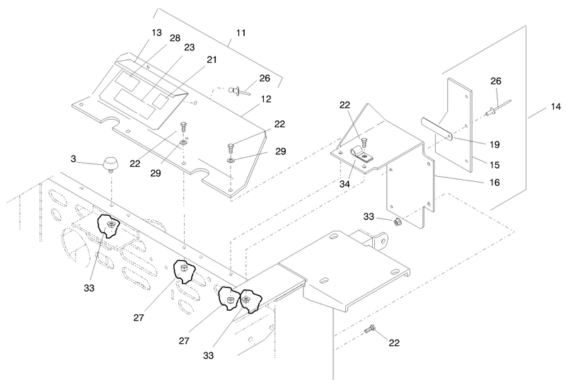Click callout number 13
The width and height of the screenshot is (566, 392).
(x=156, y=33)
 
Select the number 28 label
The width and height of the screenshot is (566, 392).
(x=175, y=38)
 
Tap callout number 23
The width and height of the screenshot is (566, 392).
(x=190, y=47)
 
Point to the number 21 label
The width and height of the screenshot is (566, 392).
(x=212, y=59)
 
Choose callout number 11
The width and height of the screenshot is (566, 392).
(x=241, y=33)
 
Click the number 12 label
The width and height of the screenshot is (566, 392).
(x=266, y=99)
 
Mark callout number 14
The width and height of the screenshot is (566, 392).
(x=556, y=107)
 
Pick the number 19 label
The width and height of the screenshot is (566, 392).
(x=495, y=145)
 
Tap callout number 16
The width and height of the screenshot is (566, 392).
(x=495, y=183)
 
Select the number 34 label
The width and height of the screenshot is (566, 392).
(x=345, y=184)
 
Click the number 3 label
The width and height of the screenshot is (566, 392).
(x=74, y=158)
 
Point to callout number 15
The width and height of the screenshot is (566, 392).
(x=495, y=165)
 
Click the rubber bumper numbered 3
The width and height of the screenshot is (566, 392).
(x=111, y=165)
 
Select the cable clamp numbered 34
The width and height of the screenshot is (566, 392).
(x=360, y=155)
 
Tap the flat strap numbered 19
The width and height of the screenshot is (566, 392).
(x=437, y=129)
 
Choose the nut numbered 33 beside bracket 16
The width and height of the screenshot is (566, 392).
(x=398, y=222)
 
